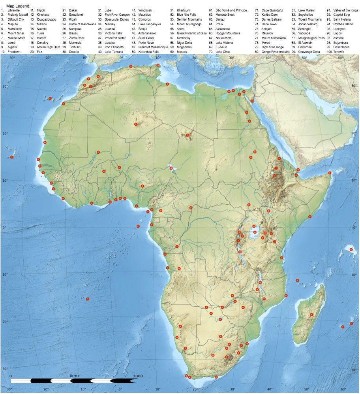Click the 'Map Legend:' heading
coord(18,6)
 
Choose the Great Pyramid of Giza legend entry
coord(191,33)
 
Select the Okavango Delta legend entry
coord(309,52)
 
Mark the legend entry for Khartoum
coord(184,10)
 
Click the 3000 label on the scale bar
coord(138,375)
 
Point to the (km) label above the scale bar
coord(74,375)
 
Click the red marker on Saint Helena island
coord(87,299)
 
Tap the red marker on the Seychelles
coord(351,249)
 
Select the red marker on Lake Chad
coord(171,168)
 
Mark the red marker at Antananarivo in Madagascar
coord(311,315)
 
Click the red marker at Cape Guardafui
coord(330,173)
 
